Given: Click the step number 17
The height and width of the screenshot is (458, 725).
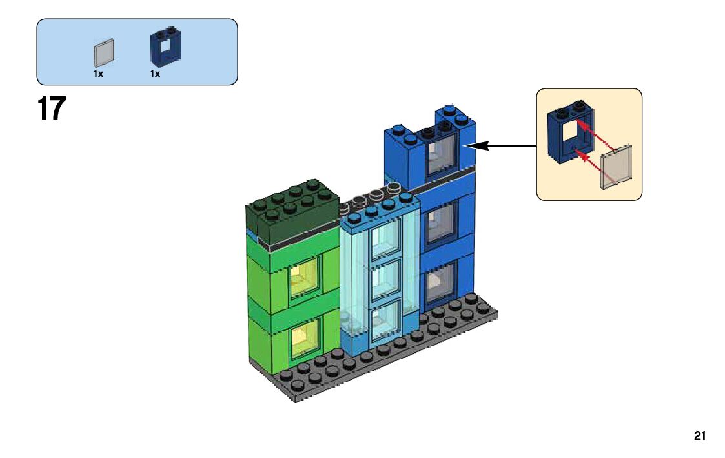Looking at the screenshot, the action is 52,109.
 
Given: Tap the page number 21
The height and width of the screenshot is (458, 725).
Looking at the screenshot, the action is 700,436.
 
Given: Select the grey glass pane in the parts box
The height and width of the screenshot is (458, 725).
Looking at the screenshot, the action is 105,53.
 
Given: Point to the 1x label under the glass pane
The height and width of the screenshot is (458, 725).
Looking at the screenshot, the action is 98,74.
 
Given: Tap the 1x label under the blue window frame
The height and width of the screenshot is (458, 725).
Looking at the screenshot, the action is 155,74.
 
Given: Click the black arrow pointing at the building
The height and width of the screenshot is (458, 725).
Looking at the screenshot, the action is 500,146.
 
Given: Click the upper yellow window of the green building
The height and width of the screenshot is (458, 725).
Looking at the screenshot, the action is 305,278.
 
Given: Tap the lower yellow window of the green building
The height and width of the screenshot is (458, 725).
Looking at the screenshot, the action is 305,338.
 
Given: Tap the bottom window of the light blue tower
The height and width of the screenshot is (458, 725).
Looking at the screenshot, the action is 385,318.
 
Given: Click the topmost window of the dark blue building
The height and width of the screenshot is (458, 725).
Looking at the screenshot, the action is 442,154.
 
